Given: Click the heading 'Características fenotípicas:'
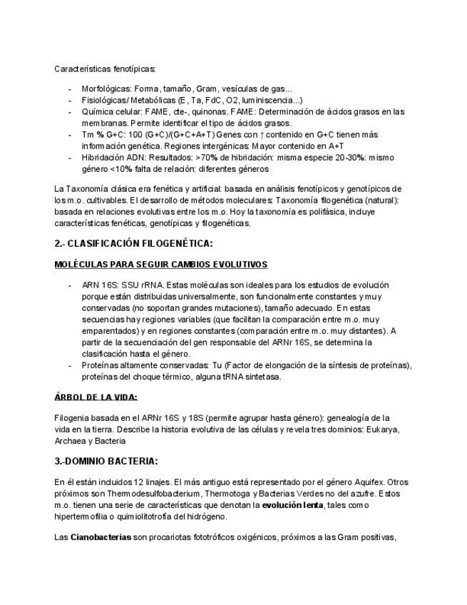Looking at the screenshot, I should [105, 68].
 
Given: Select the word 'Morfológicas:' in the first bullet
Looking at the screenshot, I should [106, 89].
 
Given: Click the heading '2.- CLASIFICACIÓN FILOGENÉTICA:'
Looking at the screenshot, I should [133, 243].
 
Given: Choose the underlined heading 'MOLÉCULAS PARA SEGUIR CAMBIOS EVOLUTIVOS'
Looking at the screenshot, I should [160, 265].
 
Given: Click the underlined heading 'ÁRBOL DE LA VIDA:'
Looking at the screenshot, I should [96, 397].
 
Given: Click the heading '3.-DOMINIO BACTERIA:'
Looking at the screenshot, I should [106, 461].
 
